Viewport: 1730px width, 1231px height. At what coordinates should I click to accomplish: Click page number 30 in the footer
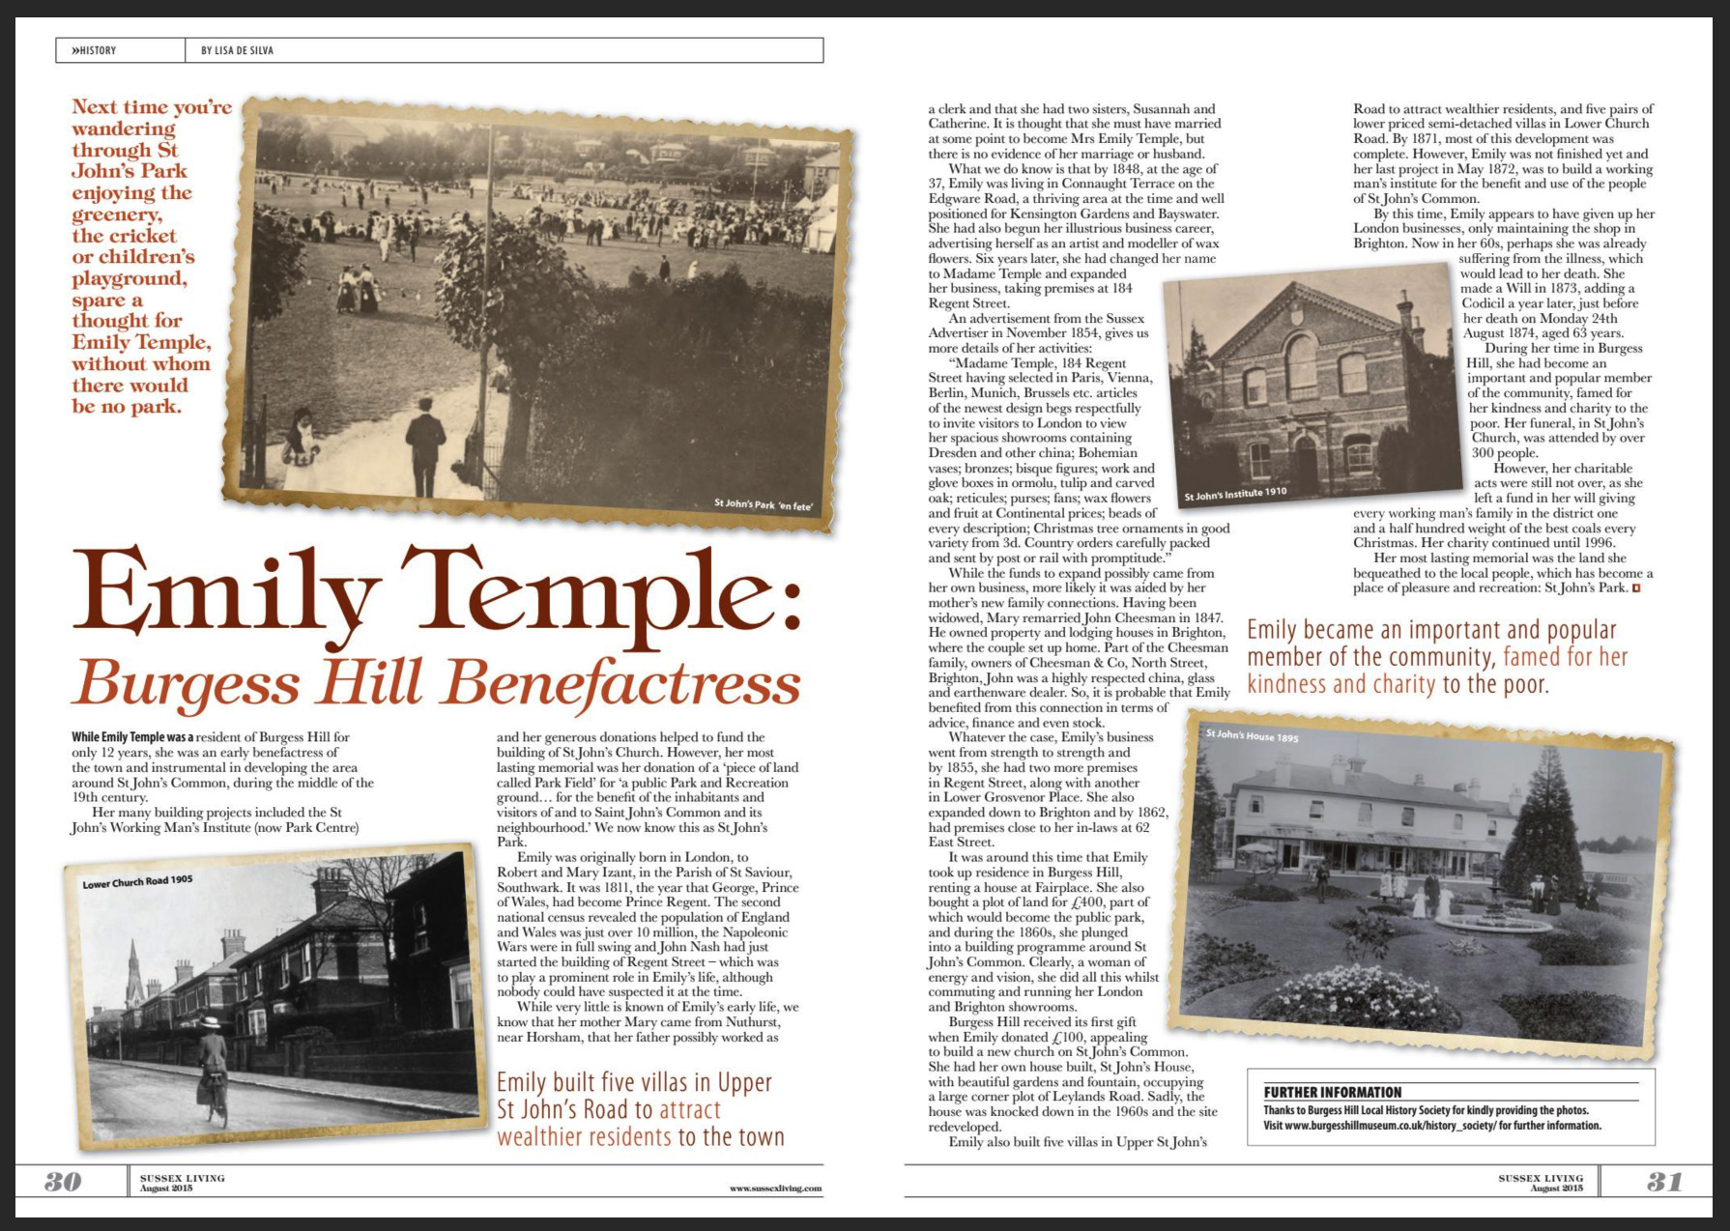coord(63,1182)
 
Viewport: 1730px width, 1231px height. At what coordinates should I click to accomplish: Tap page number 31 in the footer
coord(1664,1182)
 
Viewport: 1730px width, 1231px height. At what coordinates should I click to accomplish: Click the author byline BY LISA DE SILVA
coord(237,50)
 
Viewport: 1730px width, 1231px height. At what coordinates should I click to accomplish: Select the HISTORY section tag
coord(94,50)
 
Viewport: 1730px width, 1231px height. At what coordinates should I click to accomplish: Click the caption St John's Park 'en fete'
coord(764,503)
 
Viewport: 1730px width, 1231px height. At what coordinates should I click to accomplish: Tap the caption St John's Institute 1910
coord(1235,495)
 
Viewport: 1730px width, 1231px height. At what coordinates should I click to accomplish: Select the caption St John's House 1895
coord(1252,736)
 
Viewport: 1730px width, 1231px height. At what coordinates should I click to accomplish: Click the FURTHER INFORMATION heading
coord(1332,1092)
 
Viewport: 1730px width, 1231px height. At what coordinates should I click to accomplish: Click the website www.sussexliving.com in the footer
coord(775,1188)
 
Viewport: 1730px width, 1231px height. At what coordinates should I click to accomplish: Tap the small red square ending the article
coord(1637,587)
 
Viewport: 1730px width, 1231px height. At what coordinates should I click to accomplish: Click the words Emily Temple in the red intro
coord(141,343)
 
